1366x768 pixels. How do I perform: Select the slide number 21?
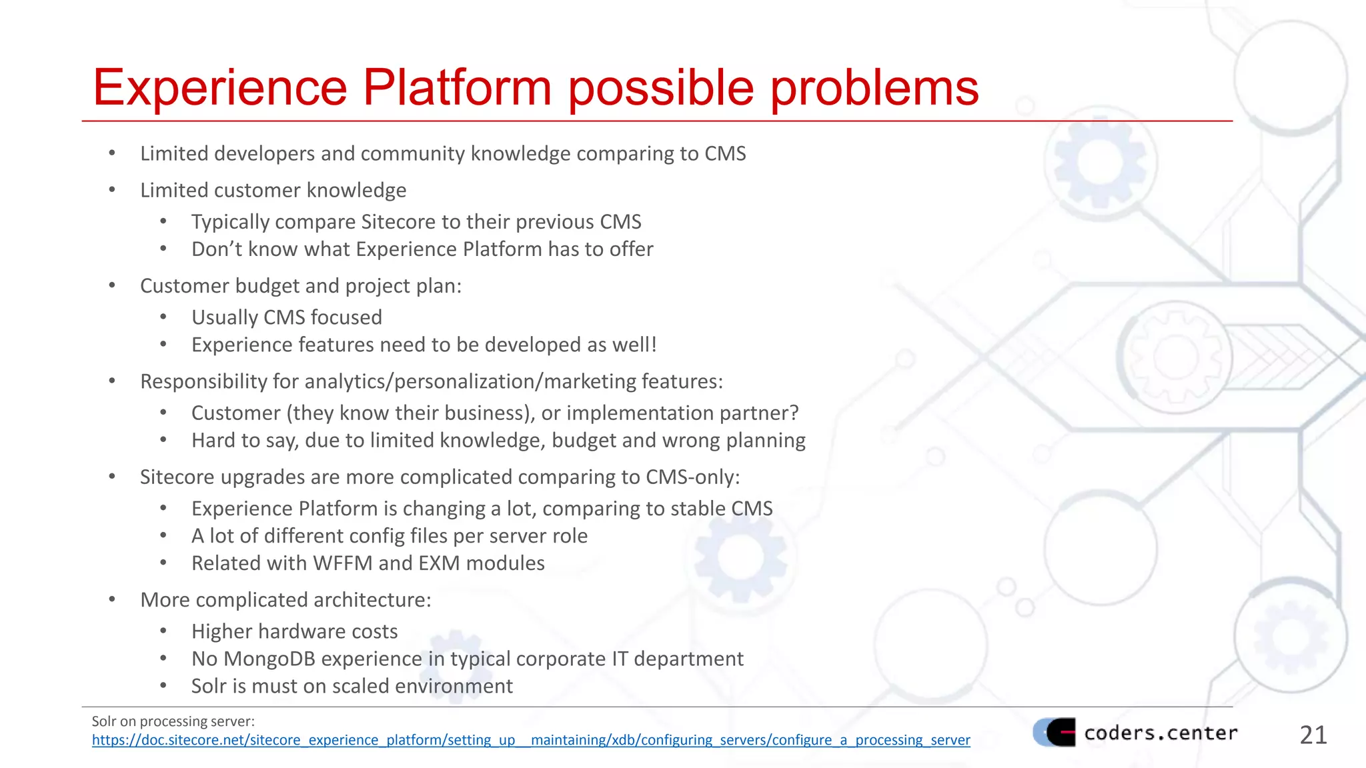pyautogui.click(x=1313, y=735)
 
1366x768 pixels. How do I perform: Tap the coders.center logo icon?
pyautogui.click(x=1055, y=732)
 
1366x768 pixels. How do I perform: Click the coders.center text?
pyautogui.click(x=1161, y=733)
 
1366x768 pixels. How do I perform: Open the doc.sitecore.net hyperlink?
pyautogui.click(x=530, y=740)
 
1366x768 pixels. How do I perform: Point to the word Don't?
pyautogui.click(x=217, y=249)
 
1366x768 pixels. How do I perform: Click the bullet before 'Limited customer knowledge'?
pyautogui.click(x=112, y=191)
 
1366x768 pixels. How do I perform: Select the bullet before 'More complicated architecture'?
pyautogui.click(x=112, y=600)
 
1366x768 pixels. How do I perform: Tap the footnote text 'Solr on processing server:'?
pyautogui.click(x=173, y=721)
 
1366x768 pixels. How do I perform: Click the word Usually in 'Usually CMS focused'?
pyautogui.click(x=225, y=317)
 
